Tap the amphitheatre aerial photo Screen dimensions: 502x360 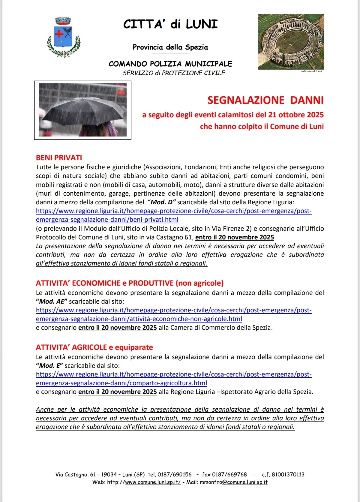(x=291, y=42)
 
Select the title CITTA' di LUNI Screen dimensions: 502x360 (x=170, y=24)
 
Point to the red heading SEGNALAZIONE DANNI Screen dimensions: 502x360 (x=265, y=100)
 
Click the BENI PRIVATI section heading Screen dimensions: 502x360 (x=59, y=158)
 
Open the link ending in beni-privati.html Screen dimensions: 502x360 (x=107, y=220)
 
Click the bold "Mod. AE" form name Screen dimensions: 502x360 (x=52, y=301)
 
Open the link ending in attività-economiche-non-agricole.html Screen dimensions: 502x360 (x=139, y=319)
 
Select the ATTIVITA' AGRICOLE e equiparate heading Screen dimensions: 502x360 (x=94, y=347)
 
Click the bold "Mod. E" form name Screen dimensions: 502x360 (x=49, y=366)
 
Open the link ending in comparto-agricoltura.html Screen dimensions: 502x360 (x=122, y=383)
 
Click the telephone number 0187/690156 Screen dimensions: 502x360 (x=174, y=474)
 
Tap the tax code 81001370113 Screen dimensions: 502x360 (x=288, y=474)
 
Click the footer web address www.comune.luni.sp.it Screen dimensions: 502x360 (x=153, y=482)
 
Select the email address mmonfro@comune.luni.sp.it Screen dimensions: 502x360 (x=234, y=482)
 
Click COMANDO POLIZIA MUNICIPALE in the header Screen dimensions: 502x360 (x=170, y=64)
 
